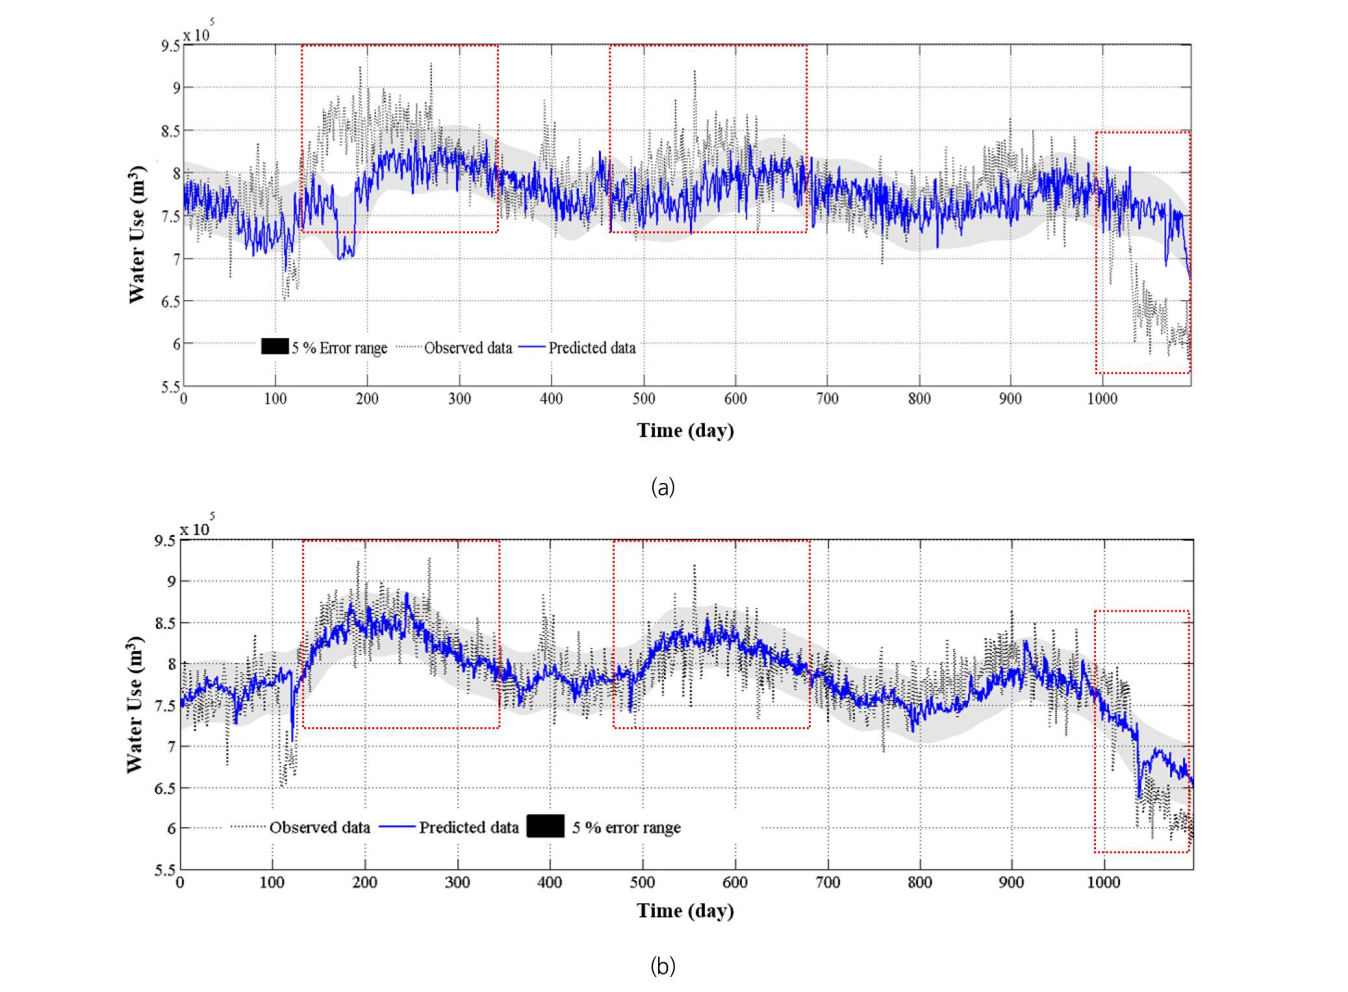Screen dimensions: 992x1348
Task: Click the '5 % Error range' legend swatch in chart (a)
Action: point(275,347)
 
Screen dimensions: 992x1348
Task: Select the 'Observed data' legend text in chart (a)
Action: point(468,348)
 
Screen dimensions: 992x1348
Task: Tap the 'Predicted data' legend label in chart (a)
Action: point(592,348)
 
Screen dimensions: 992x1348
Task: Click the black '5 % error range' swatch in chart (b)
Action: point(545,826)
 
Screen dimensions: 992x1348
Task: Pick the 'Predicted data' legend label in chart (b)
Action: point(468,827)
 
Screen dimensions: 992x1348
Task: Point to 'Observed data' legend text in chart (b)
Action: point(320,827)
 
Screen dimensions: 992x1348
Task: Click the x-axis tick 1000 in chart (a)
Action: point(1102,399)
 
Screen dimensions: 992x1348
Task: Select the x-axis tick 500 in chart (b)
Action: point(642,882)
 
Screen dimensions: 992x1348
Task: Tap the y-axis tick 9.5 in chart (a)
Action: point(170,45)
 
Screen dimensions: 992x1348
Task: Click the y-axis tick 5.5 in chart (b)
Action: point(165,870)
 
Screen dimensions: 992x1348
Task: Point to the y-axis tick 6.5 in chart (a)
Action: point(170,301)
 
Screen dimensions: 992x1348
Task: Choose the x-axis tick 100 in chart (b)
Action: point(272,882)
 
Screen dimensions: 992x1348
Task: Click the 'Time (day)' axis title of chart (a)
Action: point(685,430)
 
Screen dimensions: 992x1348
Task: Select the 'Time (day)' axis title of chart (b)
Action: point(685,910)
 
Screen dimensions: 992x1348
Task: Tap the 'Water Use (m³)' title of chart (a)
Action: point(136,234)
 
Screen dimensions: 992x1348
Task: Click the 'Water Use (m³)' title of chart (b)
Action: point(134,704)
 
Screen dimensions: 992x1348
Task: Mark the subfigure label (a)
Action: point(663,487)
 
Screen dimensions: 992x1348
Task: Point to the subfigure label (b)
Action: point(663,966)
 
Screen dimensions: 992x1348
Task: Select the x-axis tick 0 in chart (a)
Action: point(184,399)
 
